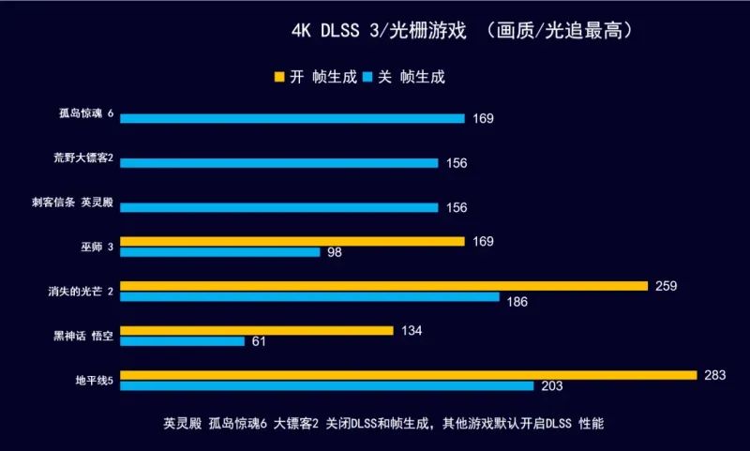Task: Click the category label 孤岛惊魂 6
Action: tap(84, 114)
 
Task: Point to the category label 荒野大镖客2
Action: tap(83, 158)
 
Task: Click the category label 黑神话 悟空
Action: tap(84, 336)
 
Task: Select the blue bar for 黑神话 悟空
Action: tap(182, 341)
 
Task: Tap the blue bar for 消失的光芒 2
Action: tap(309, 297)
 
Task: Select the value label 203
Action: tap(552, 386)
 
